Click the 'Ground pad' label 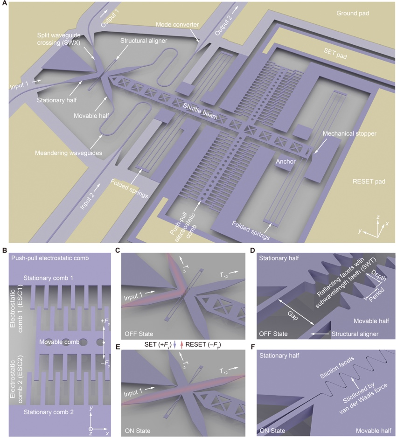(353, 13)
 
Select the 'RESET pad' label (369, 181)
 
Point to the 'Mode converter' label (177, 24)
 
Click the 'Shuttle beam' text (200, 111)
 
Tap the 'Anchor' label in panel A (286, 161)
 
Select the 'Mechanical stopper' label (349, 133)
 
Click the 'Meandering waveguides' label (69, 153)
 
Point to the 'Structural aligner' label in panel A (144, 41)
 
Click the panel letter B (4, 250)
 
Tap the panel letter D (252, 250)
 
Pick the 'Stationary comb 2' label (49, 412)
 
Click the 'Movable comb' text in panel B (57, 342)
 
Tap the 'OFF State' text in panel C (139, 334)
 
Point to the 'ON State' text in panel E (138, 431)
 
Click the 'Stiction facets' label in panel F (337, 367)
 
